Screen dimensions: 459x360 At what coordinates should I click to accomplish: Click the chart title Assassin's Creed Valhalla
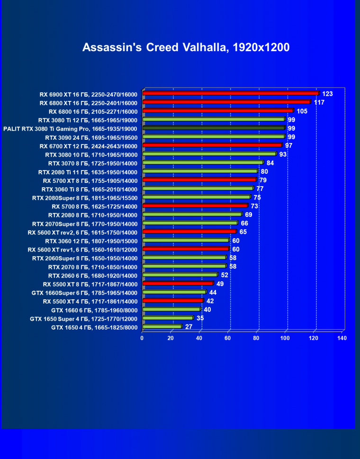pyautogui.click(x=186, y=47)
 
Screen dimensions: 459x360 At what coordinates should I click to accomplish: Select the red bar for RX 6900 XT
pyautogui.click(x=231, y=94)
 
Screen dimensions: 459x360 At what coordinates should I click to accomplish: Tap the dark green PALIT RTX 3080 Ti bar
pyautogui.click(x=213, y=128)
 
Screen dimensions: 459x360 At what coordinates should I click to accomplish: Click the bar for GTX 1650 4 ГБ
pyautogui.click(x=162, y=326)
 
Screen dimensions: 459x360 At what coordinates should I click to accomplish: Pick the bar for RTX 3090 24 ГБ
pyautogui.click(x=213, y=137)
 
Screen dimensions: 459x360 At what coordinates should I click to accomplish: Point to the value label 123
pyautogui.click(x=327, y=94)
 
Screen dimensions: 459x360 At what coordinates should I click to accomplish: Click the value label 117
pyautogui.click(x=319, y=102)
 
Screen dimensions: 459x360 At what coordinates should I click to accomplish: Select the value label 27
pyautogui.click(x=189, y=326)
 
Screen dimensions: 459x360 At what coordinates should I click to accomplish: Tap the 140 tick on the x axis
pyautogui.click(x=342, y=338)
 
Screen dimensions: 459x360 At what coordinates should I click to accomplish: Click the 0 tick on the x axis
pyautogui.click(x=142, y=338)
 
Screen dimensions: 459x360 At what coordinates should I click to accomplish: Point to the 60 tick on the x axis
pyautogui.click(x=228, y=338)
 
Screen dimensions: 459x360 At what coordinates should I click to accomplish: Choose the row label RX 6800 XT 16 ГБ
pyautogui.click(x=88, y=103)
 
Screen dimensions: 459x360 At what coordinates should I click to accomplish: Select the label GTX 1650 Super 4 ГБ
pyautogui.click(x=83, y=318)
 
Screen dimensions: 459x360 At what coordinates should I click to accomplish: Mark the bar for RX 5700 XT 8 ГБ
pyautogui.click(x=199, y=180)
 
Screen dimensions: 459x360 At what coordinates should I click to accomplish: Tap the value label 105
pyautogui.click(x=302, y=111)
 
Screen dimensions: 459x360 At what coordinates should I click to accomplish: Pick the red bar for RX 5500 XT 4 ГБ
pyautogui.click(x=172, y=301)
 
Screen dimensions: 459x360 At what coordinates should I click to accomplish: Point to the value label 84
pyautogui.click(x=270, y=163)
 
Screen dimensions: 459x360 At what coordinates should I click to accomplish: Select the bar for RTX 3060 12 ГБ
pyautogui.click(x=185, y=240)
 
